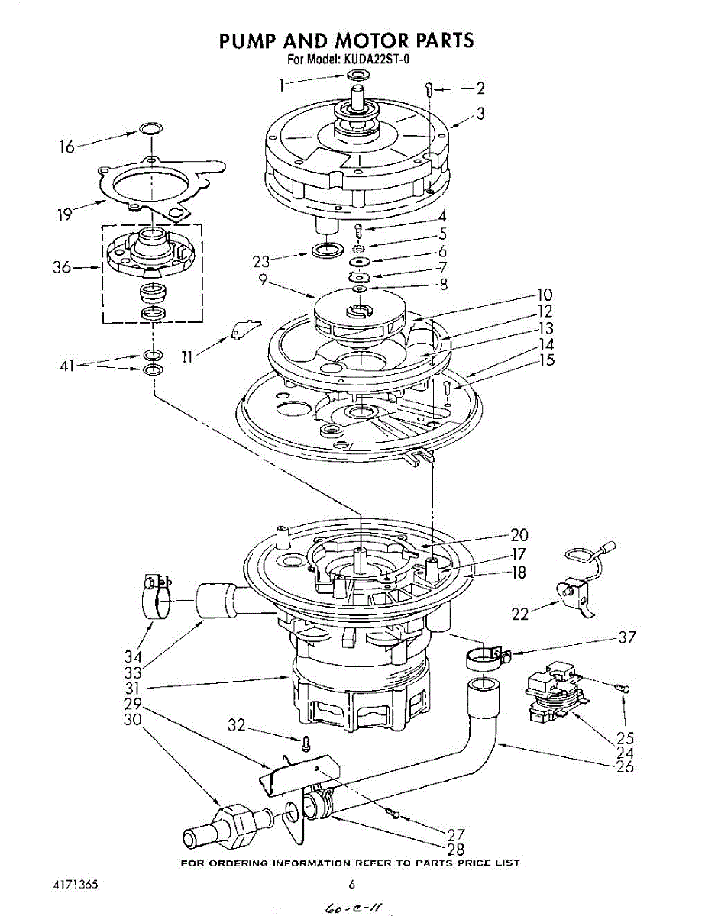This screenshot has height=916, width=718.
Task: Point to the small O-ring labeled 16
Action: pyautogui.click(x=151, y=128)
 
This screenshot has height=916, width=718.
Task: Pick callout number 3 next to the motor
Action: pyautogui.click(x=480, y=114)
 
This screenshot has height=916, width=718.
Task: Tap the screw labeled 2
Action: pyautogui.click(x=430, y=90)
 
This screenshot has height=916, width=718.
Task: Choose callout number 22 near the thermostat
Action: pyautogui.click(x=521, y=613)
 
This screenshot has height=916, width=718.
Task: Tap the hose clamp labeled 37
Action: pyautogui.click(x=486, y=656)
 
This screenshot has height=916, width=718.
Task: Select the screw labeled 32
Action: pyautogui.click(x=306, y=740)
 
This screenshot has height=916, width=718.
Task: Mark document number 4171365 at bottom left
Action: pyautogui.click(x=75, y=884)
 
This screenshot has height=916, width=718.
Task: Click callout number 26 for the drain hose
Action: pyautogui.click(x=624, y=766)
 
